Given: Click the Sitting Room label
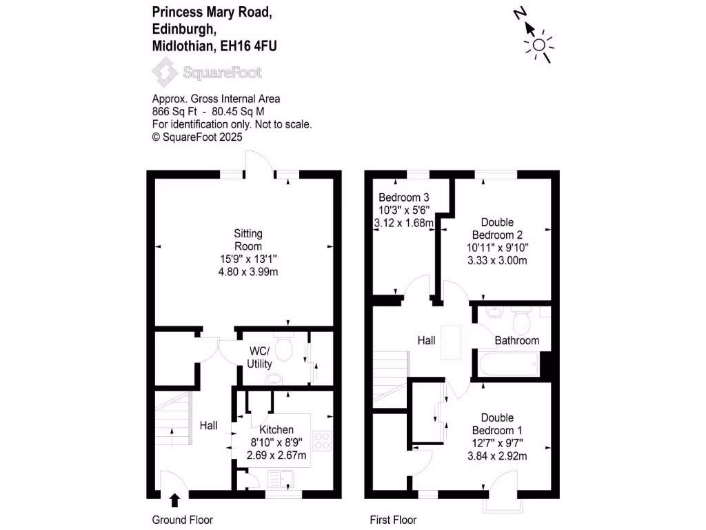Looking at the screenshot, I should tap(248, 240).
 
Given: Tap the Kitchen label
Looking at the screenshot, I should tap(276, 429).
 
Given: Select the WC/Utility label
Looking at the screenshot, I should tap(260, 357).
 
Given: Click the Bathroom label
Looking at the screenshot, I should tap(517, 340).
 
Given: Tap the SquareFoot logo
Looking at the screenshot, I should tap(207, 72).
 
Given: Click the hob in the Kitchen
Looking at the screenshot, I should tap(322, 440).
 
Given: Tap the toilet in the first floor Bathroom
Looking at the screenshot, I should tap(521, 319).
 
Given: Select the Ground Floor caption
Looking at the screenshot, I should tap(182, 520).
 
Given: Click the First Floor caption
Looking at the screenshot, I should tap(393, 520).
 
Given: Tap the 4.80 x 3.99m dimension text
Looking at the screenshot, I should tap(248, 272).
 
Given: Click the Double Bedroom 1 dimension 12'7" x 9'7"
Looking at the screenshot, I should tap(497, 443).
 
